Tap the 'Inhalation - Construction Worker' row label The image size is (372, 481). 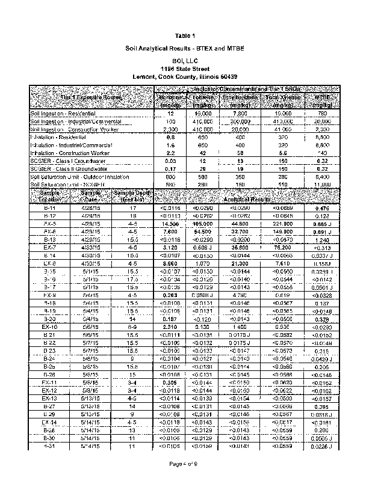(x=69, y=153)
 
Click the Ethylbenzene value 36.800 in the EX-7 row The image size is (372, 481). (x=241, y=247)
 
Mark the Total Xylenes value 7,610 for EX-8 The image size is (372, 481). (x=282, y=263)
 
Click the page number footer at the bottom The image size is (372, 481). (x=187, y=464)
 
